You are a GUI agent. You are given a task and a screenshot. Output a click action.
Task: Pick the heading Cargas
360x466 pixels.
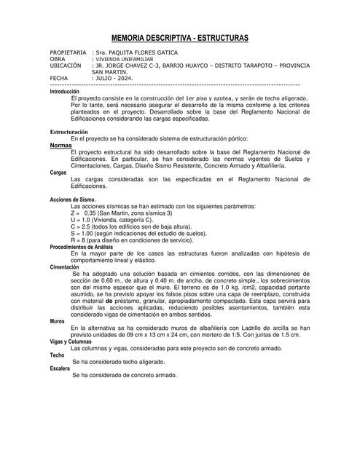(58, 173)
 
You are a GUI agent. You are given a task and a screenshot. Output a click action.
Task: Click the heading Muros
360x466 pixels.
(58, 321)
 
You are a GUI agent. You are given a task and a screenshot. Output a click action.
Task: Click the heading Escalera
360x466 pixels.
(60, 368)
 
